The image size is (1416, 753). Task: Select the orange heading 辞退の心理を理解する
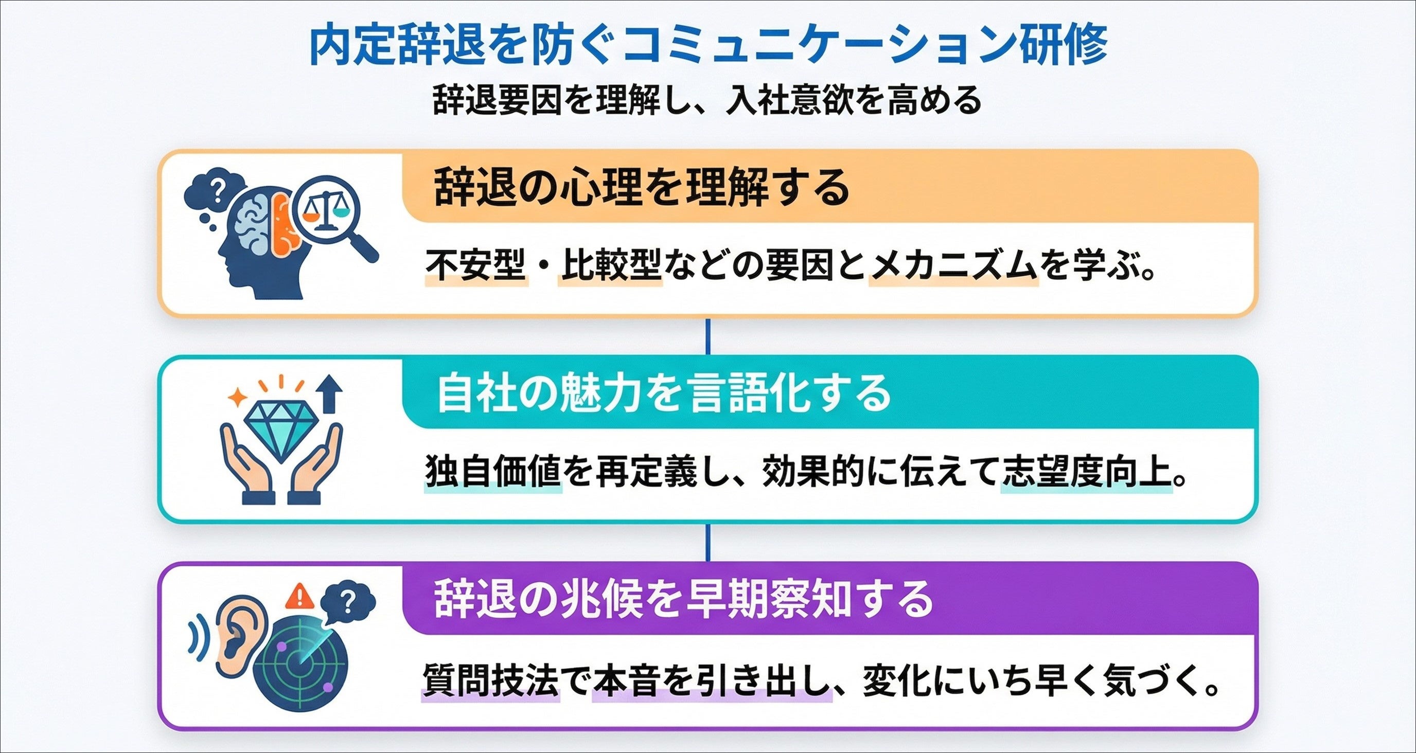[641, 188]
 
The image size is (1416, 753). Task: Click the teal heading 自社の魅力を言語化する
[663, 393]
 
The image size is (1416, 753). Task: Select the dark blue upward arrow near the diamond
[330, 393]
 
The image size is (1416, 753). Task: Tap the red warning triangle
[300, 596]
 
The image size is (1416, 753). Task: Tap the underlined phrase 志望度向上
[1086, 472]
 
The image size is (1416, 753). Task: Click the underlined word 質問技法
[490, 680]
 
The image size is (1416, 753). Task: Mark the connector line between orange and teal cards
[707, 336]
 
